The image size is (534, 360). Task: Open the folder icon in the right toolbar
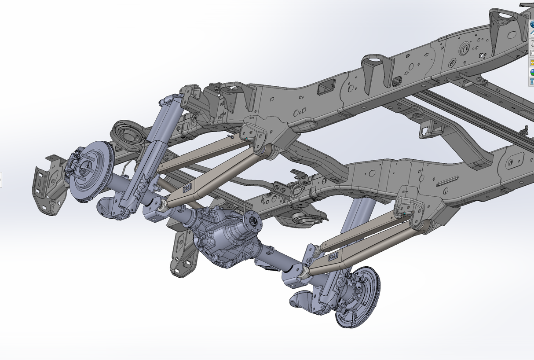point(531,53)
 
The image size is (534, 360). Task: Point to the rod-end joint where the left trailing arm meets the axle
point(161,204)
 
